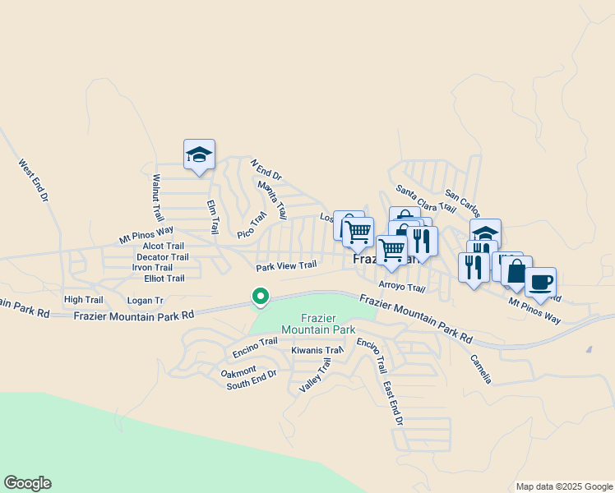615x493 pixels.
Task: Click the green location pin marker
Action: [260, 296]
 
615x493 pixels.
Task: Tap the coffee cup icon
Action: [540, 283]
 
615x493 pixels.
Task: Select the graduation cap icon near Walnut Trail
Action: [199, 154]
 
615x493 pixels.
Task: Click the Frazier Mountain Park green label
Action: [317, 323]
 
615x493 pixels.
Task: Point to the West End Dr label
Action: [34, 182]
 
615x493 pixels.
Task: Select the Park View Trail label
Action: [286, 266]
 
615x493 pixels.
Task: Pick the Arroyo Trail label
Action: [401, 288]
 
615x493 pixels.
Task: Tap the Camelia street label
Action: [481, 369]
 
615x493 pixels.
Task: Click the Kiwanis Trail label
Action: [317, 351]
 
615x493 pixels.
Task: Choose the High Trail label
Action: [83, 300]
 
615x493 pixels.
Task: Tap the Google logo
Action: [27, 483]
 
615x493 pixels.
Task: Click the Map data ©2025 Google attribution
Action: [563, 486]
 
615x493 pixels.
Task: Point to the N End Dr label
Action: [266, 170]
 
